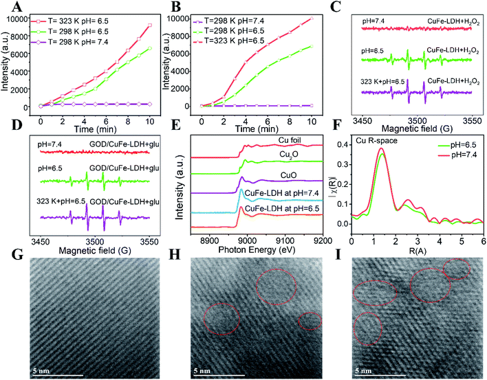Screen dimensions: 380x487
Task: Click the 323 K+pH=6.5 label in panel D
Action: (58, 199)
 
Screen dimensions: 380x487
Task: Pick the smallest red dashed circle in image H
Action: (310, 321)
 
